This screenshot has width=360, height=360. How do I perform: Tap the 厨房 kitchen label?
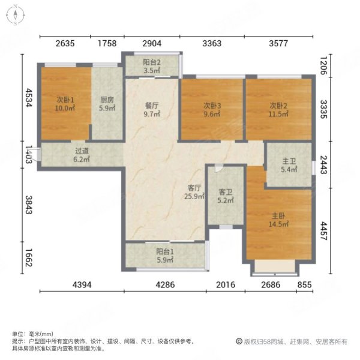click(107, 100)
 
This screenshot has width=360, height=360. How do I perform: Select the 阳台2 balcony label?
click(151, 61)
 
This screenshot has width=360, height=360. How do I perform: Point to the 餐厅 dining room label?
click(152, 104)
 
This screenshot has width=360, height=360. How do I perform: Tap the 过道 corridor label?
click(82, 152)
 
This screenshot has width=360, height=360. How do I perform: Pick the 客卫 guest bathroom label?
click(225, 193)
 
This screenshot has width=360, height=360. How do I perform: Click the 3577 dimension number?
click(279, 43)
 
